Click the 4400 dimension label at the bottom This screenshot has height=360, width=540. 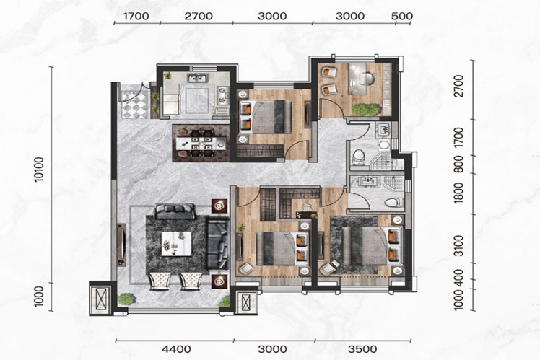pos(176,349)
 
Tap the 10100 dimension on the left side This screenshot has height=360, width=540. pos(39,169)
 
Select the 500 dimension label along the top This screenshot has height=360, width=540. pos(402,16)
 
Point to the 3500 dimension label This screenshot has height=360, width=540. pos(362,349)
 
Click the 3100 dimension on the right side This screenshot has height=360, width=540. pos(458,246)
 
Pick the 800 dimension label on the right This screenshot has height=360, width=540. pos(458,164)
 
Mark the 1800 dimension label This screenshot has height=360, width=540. pos(458,193)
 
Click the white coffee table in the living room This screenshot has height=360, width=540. pos(176,243)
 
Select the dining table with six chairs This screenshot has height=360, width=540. pos(201,143)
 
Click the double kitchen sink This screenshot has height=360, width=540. pos(198,78)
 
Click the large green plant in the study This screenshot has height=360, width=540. pos(365,109)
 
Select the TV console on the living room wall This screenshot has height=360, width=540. pos(121,245)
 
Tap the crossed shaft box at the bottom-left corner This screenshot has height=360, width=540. pos(100,299)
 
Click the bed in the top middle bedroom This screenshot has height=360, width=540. pos(266,117)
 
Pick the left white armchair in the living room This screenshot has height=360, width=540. pos(159,281)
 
